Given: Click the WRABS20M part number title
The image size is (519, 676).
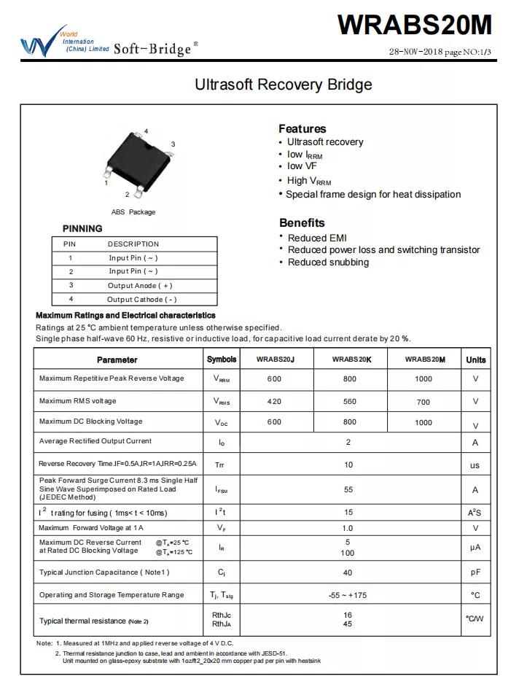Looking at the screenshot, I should pyautogui.click(x=414, y=25).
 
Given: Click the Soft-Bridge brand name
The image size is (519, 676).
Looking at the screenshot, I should pyautogui.click(x=152, y=48).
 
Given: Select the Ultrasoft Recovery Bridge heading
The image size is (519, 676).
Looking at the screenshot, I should pyautogui.click(x=283, y=85).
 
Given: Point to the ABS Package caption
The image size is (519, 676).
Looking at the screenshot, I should pyautogui.click(x=133, y=212).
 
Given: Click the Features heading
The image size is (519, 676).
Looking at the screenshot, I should pyautogui.click(x=302, y=128).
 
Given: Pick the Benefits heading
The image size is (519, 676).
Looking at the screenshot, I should pyautogui.click(x=302, y=222).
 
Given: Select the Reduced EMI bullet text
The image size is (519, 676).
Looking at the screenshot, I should pyautogui.click(x=317, y=238).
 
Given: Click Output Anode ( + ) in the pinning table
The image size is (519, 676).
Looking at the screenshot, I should pyautogui.click(x=140, y=286).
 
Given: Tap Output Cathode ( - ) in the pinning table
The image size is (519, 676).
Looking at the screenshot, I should pyautogui.click(x=141, y=300).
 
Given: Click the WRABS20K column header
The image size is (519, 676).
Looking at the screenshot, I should pyautogui.click(x=351, y=360).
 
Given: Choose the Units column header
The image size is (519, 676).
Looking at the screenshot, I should pyautogui.click(x=475, y=360).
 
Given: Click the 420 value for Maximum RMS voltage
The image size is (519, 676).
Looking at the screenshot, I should pyautogui.click(x=274, y=401).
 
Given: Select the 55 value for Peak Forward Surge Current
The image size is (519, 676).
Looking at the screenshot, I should pyautogui.click(x=348, y=490).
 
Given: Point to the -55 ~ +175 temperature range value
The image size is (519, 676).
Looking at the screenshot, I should pyautogui.click(x=348, y=595).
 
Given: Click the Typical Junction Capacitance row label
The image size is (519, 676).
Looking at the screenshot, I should pyautogui.click(x=104, y=572).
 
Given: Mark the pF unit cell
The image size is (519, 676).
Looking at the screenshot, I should pyautogui.click(x=475, y=573).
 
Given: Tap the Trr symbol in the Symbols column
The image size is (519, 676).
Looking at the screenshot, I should pyautogui.click(x=220, y=465).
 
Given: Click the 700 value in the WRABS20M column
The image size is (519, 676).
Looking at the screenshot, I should pyautogui.click(x=423, y=402).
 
